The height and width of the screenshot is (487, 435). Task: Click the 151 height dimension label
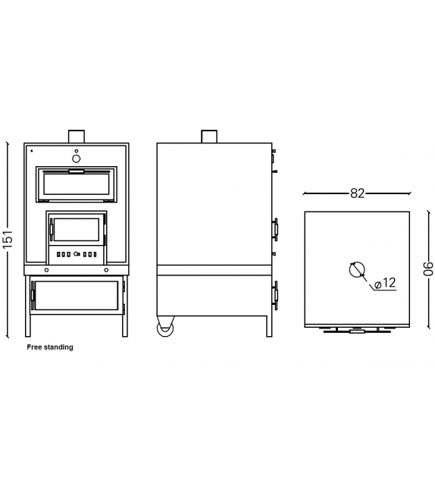pyautogui.click(x=8, y=238)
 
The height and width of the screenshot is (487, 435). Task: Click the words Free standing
pyautogui.click(x=50, y=347)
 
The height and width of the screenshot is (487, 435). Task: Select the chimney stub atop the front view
pyautogui.click(x=77, y=136)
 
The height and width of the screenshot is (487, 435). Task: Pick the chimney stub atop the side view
pyautogui.click(x=208, y=136)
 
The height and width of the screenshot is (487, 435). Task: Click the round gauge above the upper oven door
pyautogui.click(x=77, y=159)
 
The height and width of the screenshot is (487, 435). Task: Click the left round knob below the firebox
pyautogui.click(x=47, y=269)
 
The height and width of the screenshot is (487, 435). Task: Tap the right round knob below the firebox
pyautogui.click(x=106, y=269)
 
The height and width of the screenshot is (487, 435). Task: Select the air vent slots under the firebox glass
pyautogui.click(x=77, y=254)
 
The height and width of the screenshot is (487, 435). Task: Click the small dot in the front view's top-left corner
pyautogui.click(x=31, y=150)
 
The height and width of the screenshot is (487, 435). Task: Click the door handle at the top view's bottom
pyautogui.click(x=357, y=331)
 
